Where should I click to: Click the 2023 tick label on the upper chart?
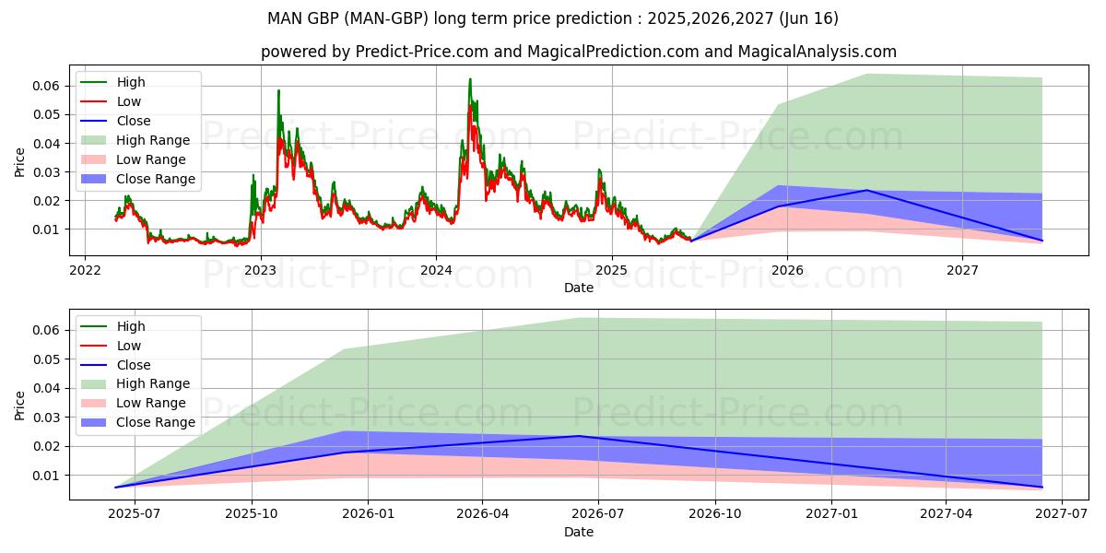click(261, 270)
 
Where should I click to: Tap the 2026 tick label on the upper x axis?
click(787, 270)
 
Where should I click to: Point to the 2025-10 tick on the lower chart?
click(253, 514)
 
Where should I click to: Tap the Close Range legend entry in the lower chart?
click(156, 422)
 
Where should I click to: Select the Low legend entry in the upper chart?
click(129, 101)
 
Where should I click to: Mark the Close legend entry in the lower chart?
click(134, 365)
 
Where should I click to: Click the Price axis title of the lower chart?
click(20, 405)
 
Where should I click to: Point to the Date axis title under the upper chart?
click(579, 288)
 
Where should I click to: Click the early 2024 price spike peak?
click(470, 79)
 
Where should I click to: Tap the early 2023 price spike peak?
click(278, 90)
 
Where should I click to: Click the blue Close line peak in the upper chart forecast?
click(866, 190)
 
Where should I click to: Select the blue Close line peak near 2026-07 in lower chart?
click(579, 436)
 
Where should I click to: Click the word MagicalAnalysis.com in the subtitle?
click(817, 52)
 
